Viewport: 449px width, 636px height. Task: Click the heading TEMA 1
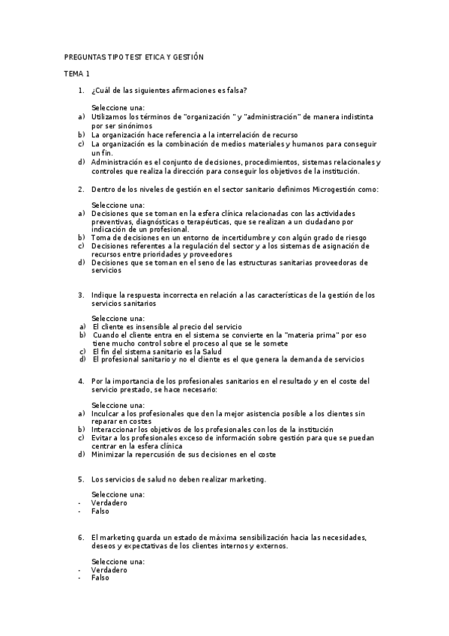click(76, 73)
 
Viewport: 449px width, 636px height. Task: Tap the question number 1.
click(80, 91)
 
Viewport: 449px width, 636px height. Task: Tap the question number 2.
click(80, 189)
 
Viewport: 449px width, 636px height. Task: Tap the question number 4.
click(80, 381)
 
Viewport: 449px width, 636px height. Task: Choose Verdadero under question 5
click(109, 502)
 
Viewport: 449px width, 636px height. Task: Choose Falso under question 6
click(100, 577)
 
